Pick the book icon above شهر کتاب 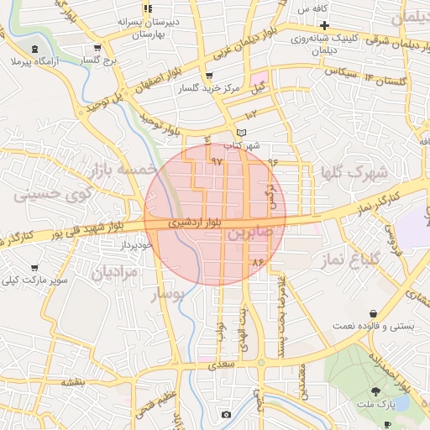pos(242,133)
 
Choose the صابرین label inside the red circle pos(249,233)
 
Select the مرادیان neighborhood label pos(113,272)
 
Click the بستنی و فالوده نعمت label pos(379,324)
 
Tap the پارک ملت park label pos(380,406)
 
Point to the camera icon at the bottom pos(225,414)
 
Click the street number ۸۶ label pos(258,263)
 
